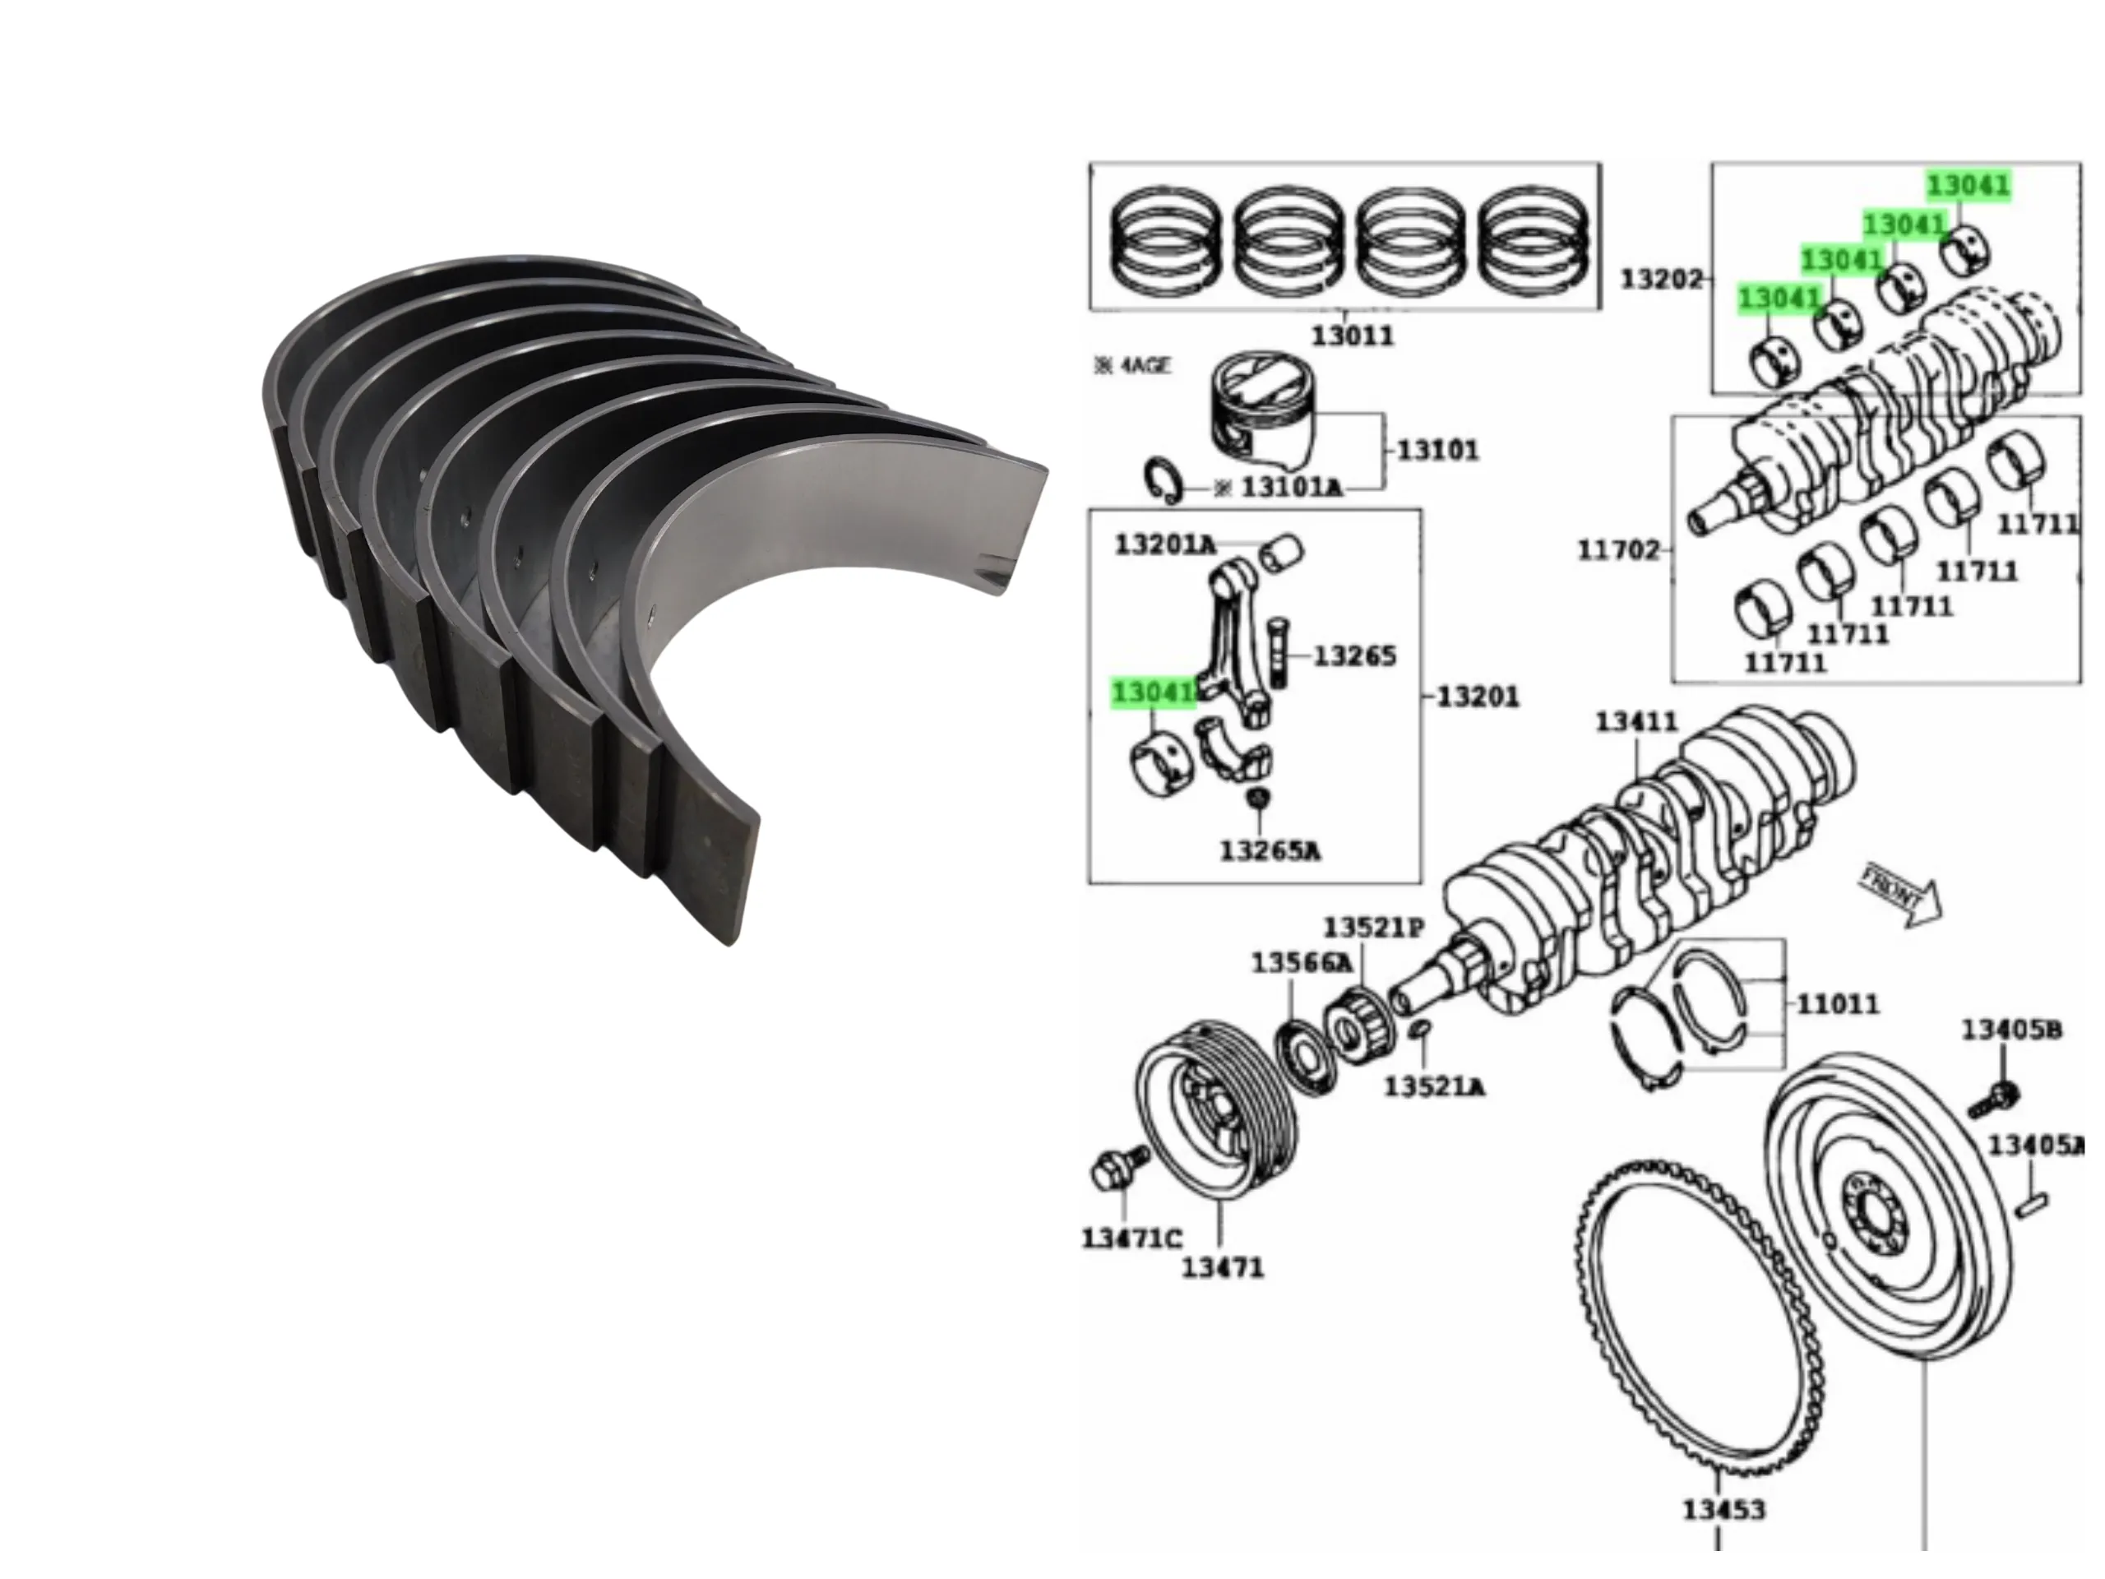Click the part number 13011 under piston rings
coord(1353,336)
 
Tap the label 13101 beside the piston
coord(1438,449)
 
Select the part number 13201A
coord(1165,545)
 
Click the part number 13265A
coord(1270,850)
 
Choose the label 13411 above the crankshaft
coord(1637,722)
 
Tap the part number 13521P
coord(1374,927)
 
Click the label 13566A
coord(1301,963)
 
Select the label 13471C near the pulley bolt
coord(1131,1239)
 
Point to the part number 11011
coord(1838,1003)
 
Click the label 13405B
coord(2012,1030)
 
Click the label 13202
coord(1661,280)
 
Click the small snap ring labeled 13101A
coord(1163,479)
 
